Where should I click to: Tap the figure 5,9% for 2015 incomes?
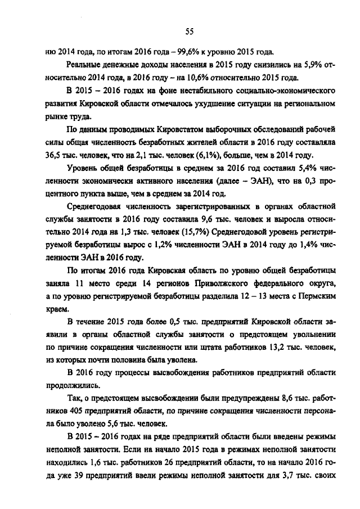[x=306, y=65]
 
